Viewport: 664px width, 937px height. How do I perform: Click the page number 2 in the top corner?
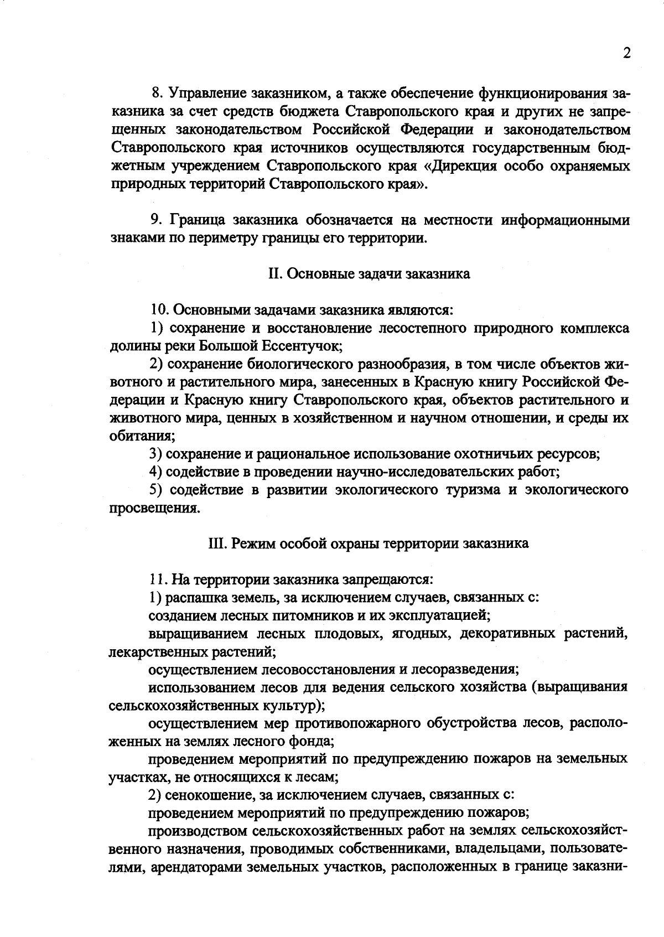626,53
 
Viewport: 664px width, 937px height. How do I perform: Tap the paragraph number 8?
157,91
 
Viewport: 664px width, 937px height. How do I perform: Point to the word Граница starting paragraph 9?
196,220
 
